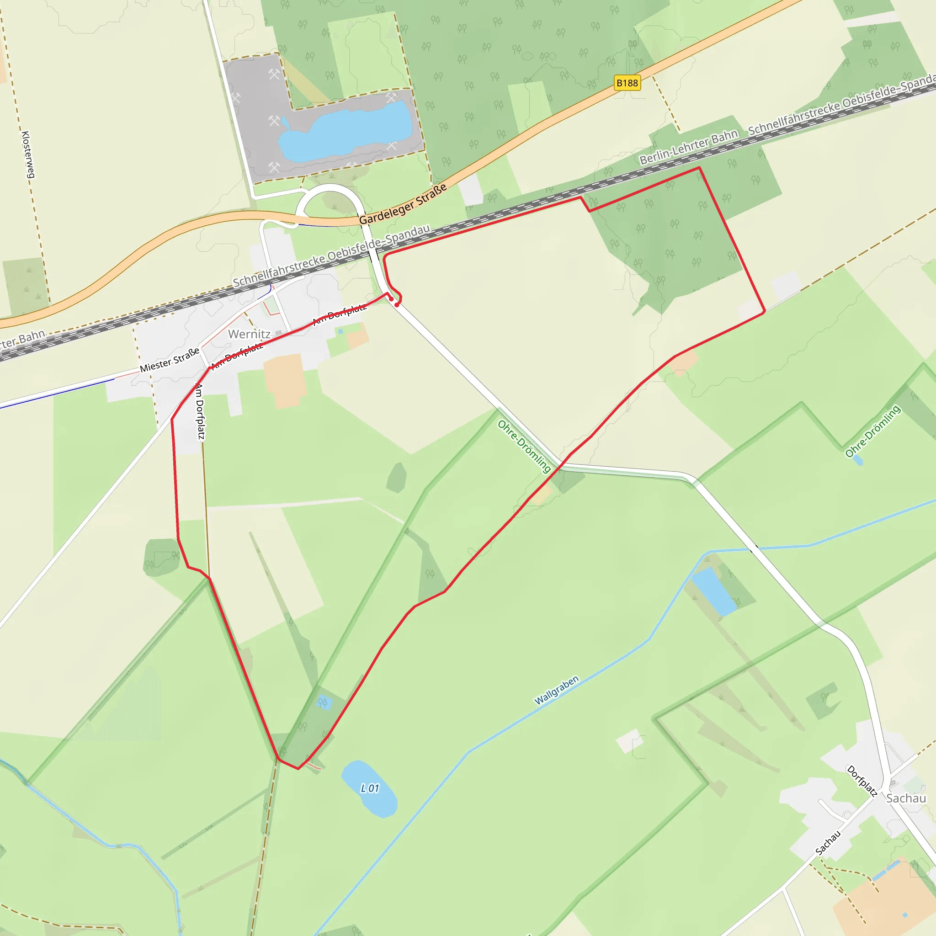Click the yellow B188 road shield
coord(627,83)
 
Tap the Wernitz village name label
coord(249,334)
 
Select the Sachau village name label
coord(906,798)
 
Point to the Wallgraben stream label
coord(556,691)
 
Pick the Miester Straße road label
coord(170,360)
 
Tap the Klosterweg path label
coord(28,154)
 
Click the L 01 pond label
coord(370,789)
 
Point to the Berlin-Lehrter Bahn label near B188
coord(688,147)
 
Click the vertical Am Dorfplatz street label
coord(200,411)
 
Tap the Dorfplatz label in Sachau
coord(862,781)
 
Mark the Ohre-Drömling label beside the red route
coord(524,446)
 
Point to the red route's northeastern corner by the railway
coord(699,168)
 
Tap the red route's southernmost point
coord(298,768)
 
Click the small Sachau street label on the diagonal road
coord(828,843)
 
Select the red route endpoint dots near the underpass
coord(394,302)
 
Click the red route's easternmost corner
coord(764,312)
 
